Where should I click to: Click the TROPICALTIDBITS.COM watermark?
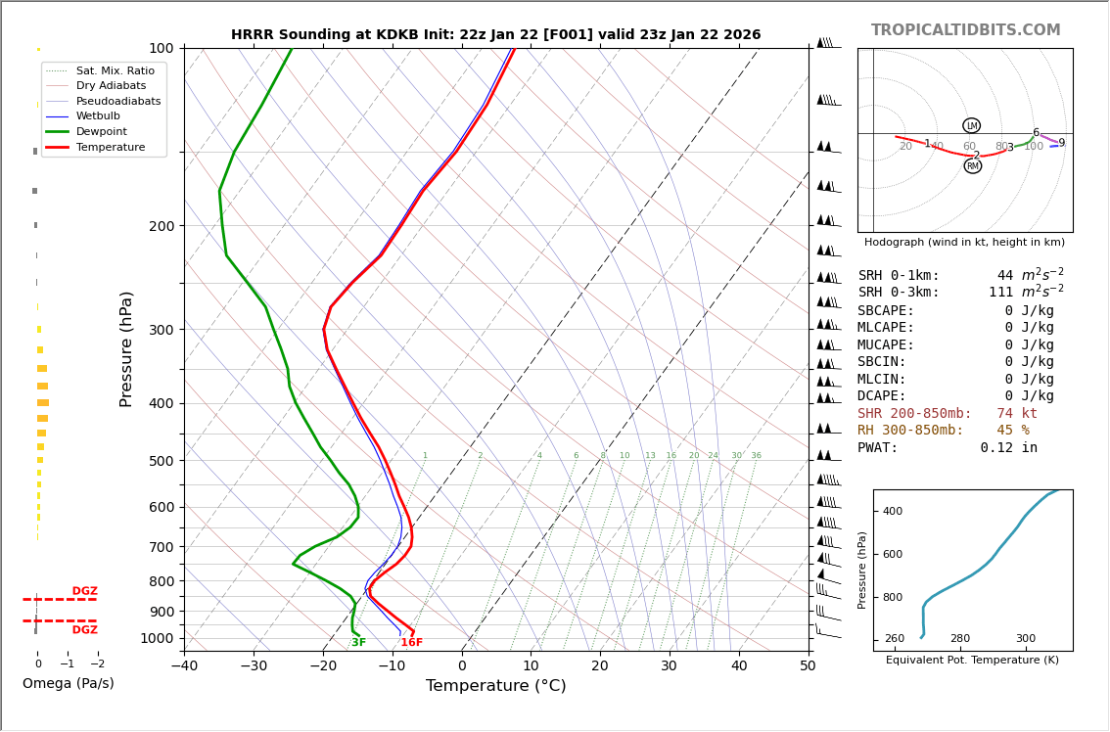point(965,30)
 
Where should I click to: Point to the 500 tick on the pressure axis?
point(161,461)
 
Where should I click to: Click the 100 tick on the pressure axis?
point(161,48)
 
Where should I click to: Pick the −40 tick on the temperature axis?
point(184,666)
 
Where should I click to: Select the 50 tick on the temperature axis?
point(808,666)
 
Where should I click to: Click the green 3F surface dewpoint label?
point(358,643)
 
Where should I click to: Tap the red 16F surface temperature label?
point(411,643)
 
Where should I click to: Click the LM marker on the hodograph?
point(971,125)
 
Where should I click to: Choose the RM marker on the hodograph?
point(972,166)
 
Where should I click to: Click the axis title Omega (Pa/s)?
point(68,684)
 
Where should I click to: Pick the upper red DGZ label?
point(84,591)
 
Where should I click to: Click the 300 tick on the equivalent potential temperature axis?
point(1025,639)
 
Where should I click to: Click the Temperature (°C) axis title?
point(495,686)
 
